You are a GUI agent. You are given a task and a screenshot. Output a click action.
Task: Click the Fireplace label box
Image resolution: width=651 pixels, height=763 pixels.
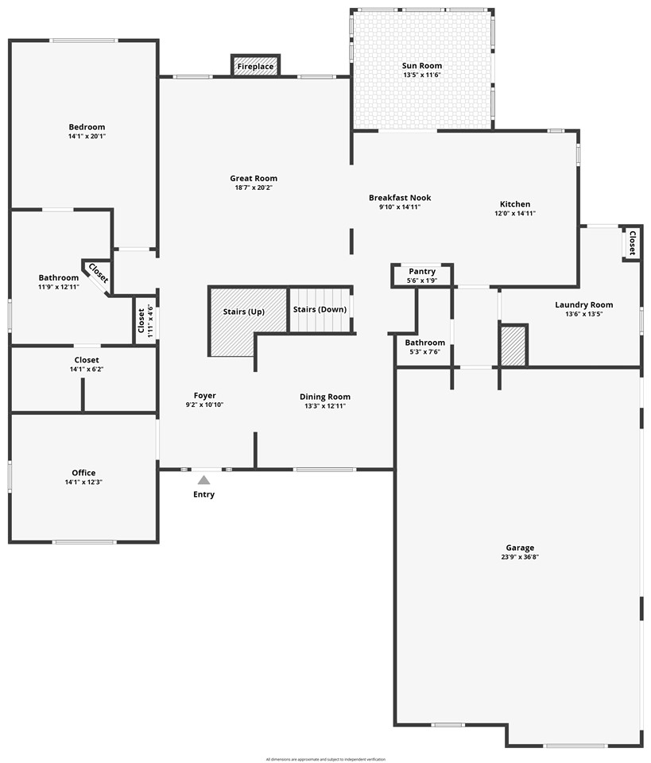pyautogui.click(x=255, y=67)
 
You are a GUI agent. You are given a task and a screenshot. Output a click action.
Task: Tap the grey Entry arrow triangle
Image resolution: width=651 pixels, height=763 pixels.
pyautogui.click(x=203, y=480)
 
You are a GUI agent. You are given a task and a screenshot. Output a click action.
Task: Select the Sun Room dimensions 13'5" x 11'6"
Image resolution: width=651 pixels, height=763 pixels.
pyautogui.click(x=422, y=76)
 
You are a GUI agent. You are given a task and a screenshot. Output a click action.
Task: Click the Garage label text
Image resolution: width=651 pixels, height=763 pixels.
pyautogui.click(x=520, y=548)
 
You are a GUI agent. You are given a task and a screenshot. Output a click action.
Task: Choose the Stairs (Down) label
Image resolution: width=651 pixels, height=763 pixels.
pyautogui.click(x=320, y=309)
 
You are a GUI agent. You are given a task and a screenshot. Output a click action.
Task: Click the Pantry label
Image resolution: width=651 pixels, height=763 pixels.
pyautogui.click(x=422, y=271)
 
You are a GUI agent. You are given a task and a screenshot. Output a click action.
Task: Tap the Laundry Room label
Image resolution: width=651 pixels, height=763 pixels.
pyautogui.click(x=583, y=304)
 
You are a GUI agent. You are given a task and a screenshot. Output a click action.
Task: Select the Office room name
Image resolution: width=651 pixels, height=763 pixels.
pyautogui.click(x=83, y=473)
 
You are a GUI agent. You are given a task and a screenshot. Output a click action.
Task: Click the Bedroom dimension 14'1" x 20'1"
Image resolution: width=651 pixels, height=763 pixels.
pyautogui.click(x=87, y=137)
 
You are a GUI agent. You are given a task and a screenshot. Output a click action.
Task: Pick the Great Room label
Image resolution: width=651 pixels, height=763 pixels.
pyautogui.click(x=254, y=178)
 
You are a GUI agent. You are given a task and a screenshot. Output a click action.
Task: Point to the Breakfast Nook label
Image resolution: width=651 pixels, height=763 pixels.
pyautogui.click(x=400, y=197)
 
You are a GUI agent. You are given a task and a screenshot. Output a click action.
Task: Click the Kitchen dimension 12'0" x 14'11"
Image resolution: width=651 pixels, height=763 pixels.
pyautogui.click(x=514, y=214)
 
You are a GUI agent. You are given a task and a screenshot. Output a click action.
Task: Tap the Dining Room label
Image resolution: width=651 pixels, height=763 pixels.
pyautogui.click(x=324, y=397)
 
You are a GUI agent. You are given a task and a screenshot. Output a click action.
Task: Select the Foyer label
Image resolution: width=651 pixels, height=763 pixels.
pyautogui.click(x=204, y=395)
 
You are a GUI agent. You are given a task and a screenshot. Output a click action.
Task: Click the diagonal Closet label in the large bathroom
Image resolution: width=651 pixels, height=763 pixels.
pyautogui.click(x=98, y=273)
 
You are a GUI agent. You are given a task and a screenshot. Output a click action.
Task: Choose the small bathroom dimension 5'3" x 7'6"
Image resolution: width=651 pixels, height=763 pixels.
pyautogui.click(x=424, y=352)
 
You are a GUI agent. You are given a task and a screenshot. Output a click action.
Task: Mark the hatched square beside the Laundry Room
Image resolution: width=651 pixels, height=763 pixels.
pyautogui.click(x=513, y=346)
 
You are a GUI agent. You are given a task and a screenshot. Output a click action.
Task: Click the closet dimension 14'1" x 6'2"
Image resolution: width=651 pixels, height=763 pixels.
pyautogui.click(x=87, y=370)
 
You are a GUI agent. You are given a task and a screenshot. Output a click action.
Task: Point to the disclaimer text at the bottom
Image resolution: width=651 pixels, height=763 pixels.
pyautogui.click(x=325, y=759)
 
